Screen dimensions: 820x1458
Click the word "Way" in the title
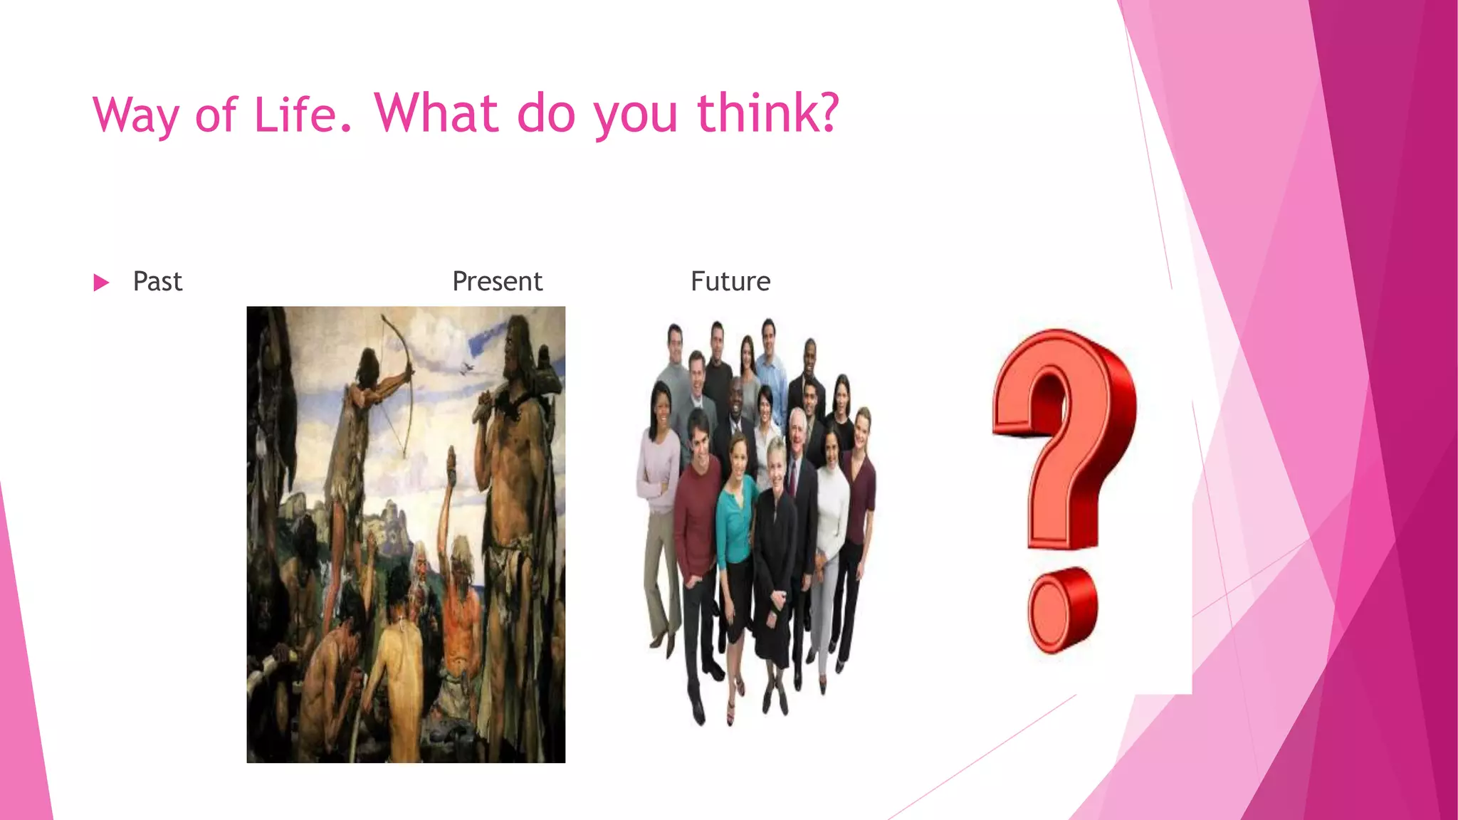click(135, 115)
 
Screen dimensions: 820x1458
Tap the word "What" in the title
click(436, 113)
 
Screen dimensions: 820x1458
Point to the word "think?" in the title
click(768, 113)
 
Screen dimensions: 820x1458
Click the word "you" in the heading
click(635, 116)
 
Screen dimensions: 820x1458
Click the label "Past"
click(157, 281)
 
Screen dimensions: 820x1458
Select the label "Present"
click(497, 281)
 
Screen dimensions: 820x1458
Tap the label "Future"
click(730, 281)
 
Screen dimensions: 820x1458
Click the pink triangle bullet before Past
click(101, 283)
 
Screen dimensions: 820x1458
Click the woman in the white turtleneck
click(832, 512)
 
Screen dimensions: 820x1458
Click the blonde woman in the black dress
click(775, 541)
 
